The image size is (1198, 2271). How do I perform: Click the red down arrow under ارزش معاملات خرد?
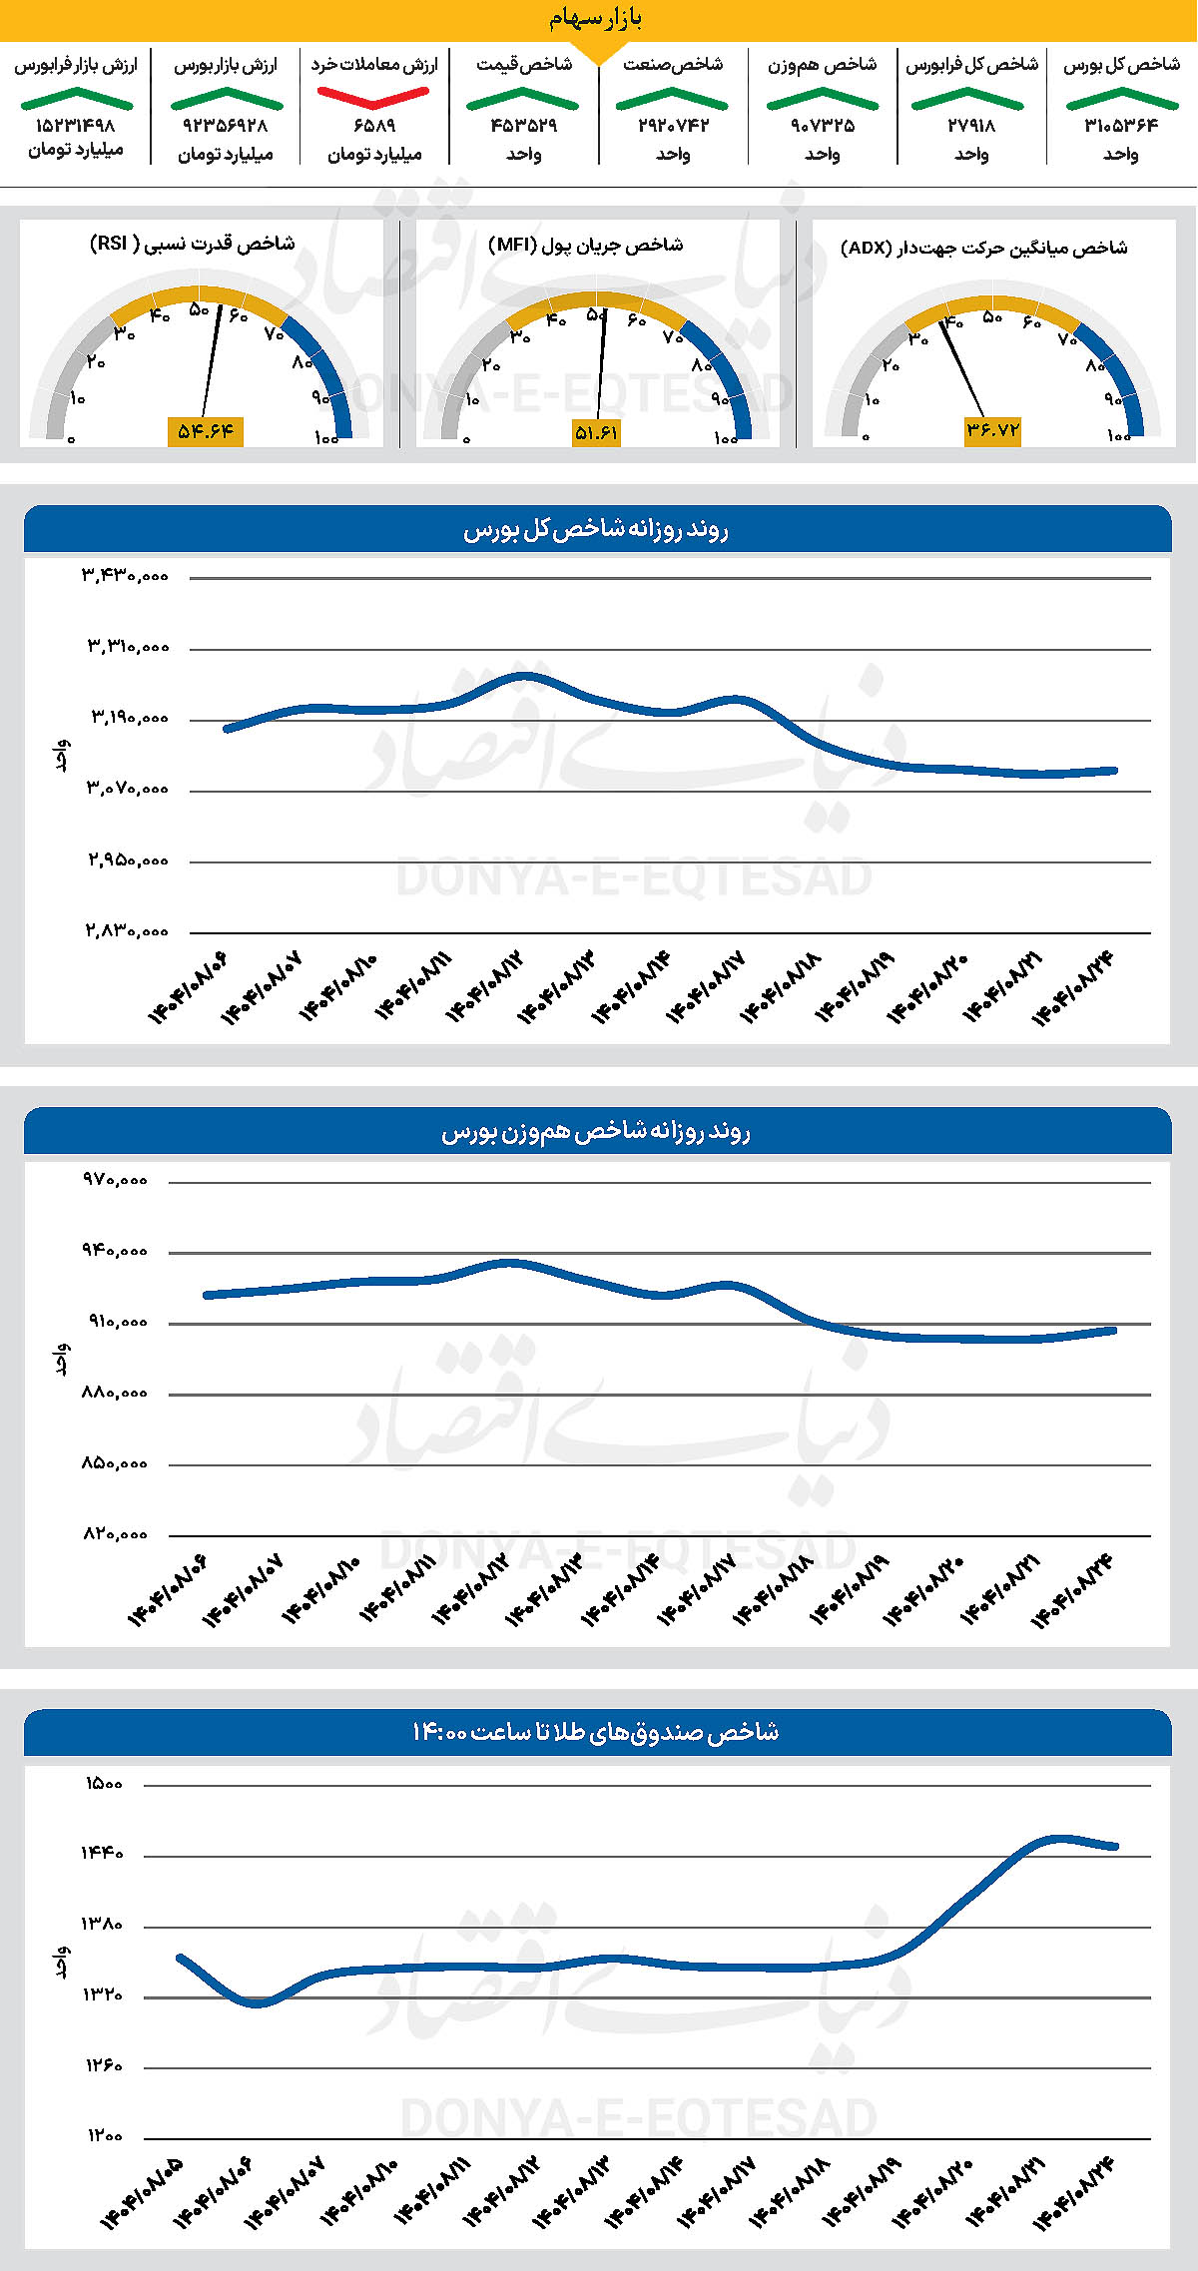[373, 97]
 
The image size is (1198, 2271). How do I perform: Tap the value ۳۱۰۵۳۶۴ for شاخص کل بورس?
[1121, 126]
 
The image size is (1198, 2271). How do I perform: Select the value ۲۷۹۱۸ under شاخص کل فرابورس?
[971, 126]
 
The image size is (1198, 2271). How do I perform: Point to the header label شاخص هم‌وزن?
[822, 65]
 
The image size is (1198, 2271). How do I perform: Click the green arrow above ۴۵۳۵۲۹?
[522, 98]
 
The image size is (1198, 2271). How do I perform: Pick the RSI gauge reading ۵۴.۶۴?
[206, 431]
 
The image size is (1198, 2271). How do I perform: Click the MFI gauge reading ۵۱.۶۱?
[596, 432]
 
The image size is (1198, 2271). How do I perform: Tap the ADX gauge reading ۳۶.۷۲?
[992, 430]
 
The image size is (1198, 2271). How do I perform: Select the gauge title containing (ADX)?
[983, 248]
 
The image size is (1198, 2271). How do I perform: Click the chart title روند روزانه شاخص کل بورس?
[596, 530]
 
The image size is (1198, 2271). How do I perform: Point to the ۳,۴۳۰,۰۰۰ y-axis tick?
[126, 576]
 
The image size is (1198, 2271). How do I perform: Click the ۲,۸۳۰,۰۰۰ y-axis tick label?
[126, 931]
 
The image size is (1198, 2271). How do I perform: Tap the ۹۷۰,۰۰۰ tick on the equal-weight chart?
[115, 1180]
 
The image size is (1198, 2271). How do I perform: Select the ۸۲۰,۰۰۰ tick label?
[115, 1534]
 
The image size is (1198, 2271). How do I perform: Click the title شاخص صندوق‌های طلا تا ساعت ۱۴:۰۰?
[596, 1732]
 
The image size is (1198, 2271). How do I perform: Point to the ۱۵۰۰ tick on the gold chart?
[104, 1784]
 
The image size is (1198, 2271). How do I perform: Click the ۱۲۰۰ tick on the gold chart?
[104, 2136]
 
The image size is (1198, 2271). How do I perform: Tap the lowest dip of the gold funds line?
[258, 2002]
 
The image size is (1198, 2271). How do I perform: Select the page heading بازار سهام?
[596, 19]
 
